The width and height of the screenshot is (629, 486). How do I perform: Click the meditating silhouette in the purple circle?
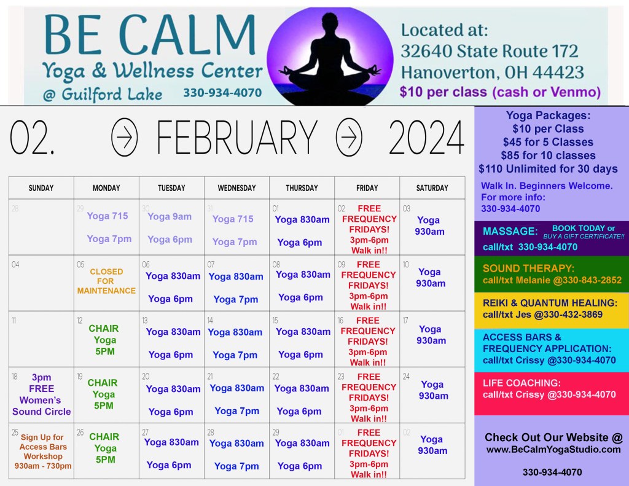[x=330, y=60]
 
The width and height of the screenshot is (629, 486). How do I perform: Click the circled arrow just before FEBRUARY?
[x=124, y=137]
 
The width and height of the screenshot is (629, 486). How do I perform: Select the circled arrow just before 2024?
[x=349, y=137]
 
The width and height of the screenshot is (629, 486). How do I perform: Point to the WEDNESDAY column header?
[x=236, y=188]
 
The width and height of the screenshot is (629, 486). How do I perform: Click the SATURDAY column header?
[x=432, y=188]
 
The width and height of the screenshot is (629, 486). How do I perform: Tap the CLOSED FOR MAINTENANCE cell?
[x=106, y=281]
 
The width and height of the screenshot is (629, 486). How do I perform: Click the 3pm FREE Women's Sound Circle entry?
[x=41, y=394]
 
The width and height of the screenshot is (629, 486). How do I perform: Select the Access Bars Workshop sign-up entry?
[x=43, y=452]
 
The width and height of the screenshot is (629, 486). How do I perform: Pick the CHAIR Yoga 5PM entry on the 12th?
[x=104, y=340]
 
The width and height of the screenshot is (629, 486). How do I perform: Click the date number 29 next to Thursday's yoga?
[x=276, y=432]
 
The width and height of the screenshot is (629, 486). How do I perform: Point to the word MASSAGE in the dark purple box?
[x=510, y=231]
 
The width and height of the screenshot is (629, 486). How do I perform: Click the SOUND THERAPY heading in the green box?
[x=528, y=268]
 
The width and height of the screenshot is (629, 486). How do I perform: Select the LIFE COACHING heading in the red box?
[x=522, y=383]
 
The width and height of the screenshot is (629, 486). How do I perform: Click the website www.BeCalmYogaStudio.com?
[x=553, y=450]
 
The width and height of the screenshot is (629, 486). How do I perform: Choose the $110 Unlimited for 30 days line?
[x=548, y=168]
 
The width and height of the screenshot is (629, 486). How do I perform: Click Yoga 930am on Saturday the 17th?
[x=431, y=335]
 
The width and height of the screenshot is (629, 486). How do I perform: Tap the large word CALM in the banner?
[x=187, y=34]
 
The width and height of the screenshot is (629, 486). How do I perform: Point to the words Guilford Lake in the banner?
[x=112, y=94]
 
